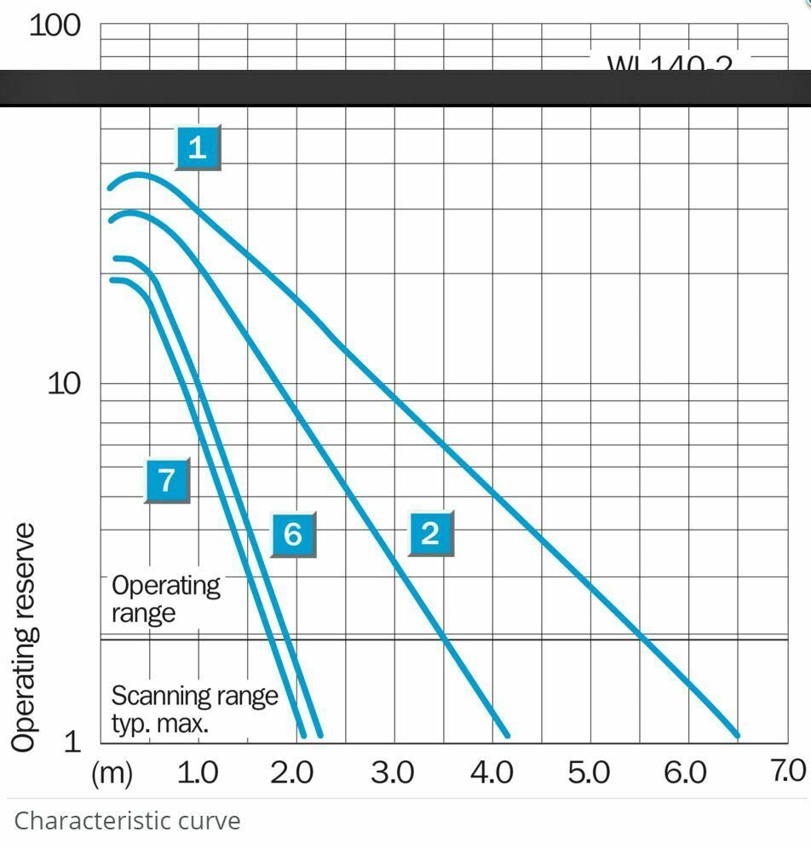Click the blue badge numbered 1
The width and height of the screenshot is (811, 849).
198,147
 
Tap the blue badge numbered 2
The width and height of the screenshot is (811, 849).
430,533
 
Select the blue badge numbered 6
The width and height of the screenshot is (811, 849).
293,535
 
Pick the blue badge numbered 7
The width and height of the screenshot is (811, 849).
167,480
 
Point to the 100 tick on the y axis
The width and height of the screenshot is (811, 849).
55,26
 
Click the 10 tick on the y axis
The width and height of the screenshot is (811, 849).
63,383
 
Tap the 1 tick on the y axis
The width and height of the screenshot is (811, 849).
72,741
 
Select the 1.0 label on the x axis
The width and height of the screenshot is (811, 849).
197,772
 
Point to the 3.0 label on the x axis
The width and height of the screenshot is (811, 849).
393,772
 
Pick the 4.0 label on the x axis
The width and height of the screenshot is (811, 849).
491,772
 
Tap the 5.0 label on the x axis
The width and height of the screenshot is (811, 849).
589,772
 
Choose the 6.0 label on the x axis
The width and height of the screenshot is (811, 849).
686,772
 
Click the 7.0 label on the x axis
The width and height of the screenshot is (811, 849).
788,771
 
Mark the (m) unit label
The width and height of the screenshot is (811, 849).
112,773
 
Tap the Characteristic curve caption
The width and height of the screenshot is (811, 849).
128,821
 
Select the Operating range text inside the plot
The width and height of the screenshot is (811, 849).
166,599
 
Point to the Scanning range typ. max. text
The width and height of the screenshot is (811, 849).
194,709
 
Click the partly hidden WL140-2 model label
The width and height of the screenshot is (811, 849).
670,64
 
